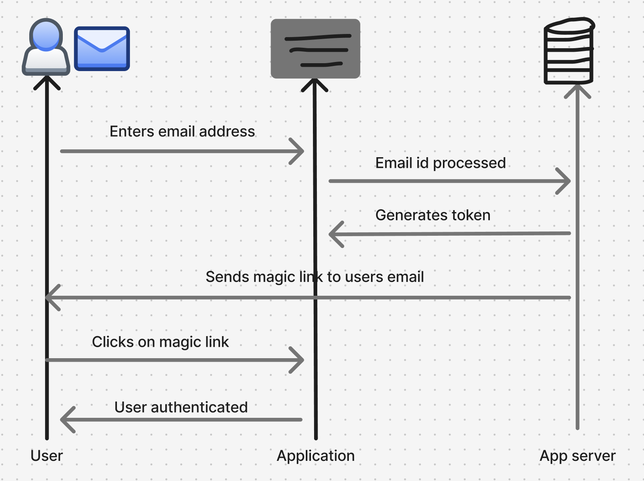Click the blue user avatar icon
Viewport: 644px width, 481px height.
click(46, 47)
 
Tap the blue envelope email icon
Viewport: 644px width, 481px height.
click(102, 49)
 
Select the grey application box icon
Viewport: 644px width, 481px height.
click(315, 49)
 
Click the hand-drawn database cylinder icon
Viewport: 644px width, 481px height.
click(569, 51)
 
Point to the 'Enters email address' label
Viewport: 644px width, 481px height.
click(182, 132)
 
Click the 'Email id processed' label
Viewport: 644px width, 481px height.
click(440, 163)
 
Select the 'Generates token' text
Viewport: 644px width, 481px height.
click(433, 215)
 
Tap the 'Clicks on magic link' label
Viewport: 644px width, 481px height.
click(160, 342)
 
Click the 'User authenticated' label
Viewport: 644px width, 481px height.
click(181, 407)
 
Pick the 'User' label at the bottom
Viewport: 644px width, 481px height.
click(47, 456)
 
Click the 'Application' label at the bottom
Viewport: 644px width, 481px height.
click(315, 456)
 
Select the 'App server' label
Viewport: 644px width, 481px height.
click(577, 456)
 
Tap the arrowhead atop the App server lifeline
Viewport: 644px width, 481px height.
click(577, 90)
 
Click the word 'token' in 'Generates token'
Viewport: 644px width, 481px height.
click(471, 215)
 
